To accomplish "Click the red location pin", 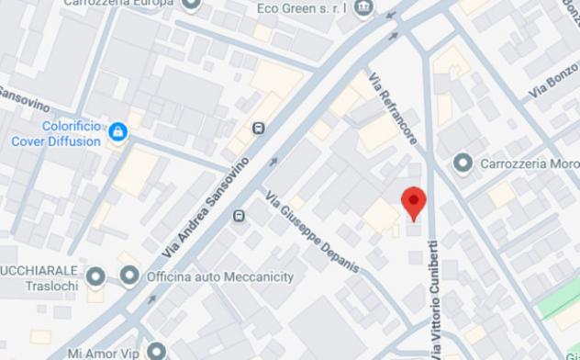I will click(414, 201).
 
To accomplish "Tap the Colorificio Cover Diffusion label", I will click(56, 134).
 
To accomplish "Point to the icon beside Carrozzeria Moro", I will click(463, 163).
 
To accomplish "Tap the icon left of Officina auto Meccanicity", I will click(129, 276).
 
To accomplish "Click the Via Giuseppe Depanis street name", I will click(311, 232).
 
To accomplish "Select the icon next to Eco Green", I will click(363, 7).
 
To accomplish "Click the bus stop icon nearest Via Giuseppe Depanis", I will click(240, 216).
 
